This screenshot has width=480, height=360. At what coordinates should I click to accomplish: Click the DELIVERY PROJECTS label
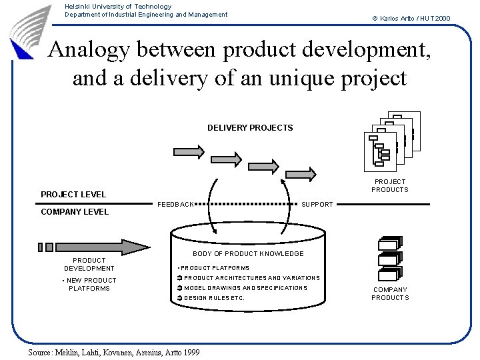(250, 127)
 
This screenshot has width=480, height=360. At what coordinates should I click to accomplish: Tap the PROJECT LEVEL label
(73, 195)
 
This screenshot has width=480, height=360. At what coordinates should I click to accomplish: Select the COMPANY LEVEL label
(75, 212)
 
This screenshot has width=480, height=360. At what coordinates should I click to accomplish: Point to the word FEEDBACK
(175, 204)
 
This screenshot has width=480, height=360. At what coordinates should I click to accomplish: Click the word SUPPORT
(317, 204)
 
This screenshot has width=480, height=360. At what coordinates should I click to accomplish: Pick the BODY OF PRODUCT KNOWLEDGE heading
(248, 254)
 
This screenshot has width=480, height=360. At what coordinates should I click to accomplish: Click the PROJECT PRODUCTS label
(390, 185)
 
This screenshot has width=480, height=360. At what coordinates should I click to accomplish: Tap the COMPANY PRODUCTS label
(390, 294)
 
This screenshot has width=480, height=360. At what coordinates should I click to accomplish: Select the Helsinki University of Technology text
(118, 7)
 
